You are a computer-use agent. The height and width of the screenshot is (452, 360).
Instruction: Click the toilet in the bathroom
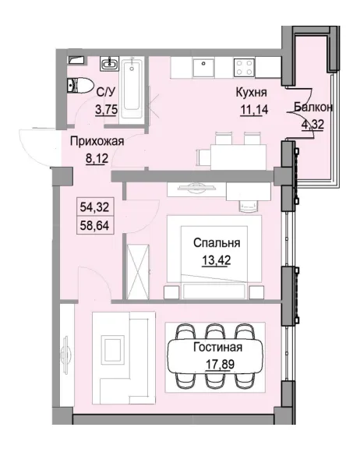pyautogui.click(x=81, y=86)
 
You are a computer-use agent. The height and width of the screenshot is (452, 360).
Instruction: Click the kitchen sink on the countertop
pyautogui.click(x=205, y=65)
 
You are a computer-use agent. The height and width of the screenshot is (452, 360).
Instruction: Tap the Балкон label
pyautogui.click(x=314, y=108)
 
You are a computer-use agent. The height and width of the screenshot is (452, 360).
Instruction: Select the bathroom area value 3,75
pyautogui.click(x=106, y=110)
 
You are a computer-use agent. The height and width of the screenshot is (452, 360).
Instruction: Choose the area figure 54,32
pyautogui.click(x=94, y=207)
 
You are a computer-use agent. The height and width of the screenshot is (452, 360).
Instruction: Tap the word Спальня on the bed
pyautogui.click(x=216, y=242)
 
